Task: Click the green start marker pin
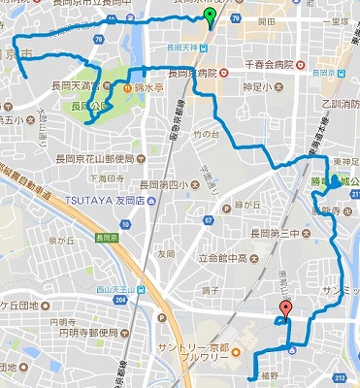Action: click(x=212, y=18)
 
